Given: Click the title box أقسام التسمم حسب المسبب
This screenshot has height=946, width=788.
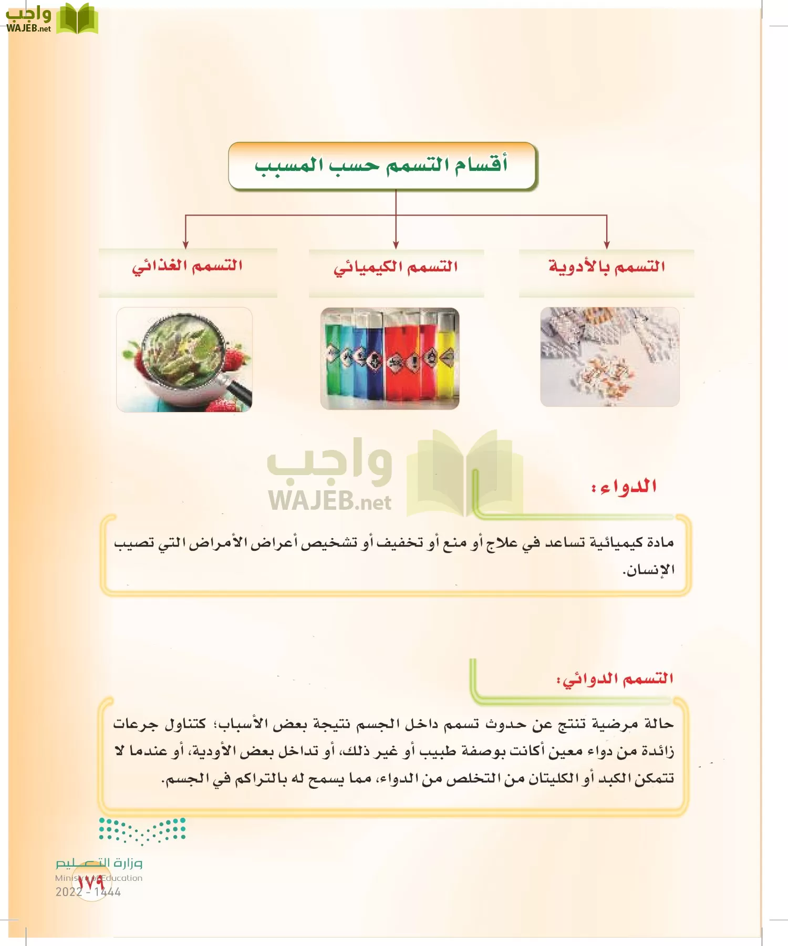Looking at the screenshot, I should point(382,166).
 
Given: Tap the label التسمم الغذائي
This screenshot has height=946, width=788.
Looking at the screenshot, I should point(187,266).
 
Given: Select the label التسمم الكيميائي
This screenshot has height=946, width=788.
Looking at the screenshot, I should point(396,267).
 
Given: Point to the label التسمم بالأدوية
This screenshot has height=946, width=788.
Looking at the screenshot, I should point(607,266).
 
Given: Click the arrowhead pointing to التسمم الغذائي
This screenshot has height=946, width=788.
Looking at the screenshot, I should point(185,245).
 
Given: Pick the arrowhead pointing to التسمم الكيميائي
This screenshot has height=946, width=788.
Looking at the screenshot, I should point(396,245).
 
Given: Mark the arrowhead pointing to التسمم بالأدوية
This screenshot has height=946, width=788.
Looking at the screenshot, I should point(607,245).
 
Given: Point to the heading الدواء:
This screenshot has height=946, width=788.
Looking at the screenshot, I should point(624,487).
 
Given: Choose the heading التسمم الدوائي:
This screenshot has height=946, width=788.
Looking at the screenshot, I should point(615,679).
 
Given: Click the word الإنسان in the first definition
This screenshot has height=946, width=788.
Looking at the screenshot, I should point(648,570).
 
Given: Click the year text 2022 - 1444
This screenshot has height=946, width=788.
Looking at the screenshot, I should point(88,892).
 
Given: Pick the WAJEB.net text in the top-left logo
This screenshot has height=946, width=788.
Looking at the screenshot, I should point(28,28).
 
